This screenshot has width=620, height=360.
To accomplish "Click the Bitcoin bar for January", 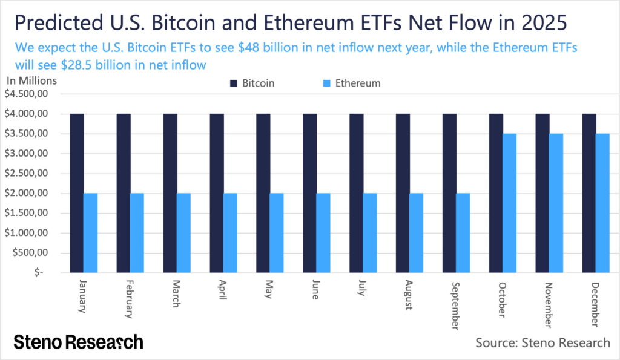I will pos(77,193).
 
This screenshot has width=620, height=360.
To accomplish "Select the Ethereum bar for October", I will pos(509,203).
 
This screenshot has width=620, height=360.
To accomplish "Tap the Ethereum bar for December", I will pos(602,203).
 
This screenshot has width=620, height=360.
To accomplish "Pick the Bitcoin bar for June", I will pos(310,193).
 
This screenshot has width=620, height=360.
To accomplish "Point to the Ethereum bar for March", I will pos(183,233).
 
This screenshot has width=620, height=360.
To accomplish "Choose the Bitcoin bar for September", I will pos(449,193).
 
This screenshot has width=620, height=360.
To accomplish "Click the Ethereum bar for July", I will pos(369,233).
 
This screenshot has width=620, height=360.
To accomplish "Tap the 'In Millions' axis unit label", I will pos(31,80).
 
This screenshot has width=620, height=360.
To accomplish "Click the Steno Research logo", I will pos(78,342).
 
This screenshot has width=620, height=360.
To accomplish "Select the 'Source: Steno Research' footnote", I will pos(542,343).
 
